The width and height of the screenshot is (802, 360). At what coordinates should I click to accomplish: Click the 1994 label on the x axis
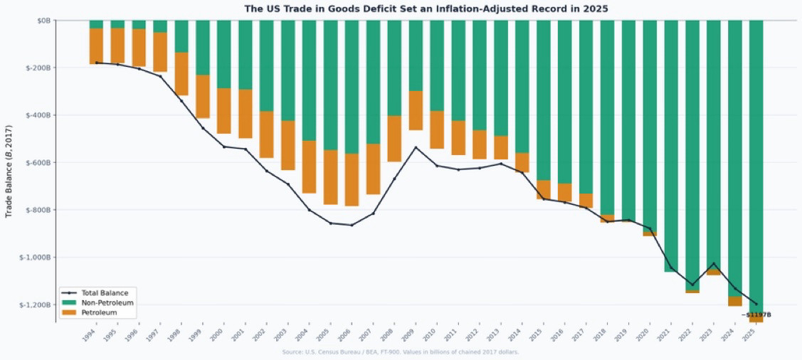(x=89, y=335)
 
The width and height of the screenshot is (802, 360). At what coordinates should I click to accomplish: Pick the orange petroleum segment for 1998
(x=181, y=73)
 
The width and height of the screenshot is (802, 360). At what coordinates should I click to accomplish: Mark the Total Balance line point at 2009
(x=416, y=147)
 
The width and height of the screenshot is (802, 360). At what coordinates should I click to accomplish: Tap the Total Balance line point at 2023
(x=713, y=264)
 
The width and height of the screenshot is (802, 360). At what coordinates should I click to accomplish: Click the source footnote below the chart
(x=400, y=352)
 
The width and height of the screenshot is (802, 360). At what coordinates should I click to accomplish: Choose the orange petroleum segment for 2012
(x=479, y=144)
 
